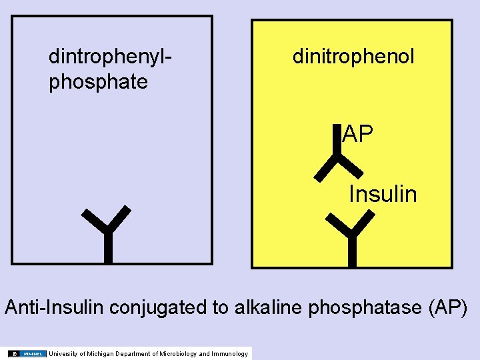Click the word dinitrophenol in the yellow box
pos(353,57)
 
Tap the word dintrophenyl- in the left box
pos(111,57)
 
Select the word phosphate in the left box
pos(98,82)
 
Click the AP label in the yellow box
pos(358,135)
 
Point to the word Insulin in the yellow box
pos(383,194)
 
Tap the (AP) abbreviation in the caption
pos(449,307)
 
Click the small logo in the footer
pos(27,353)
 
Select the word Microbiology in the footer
pos(175,353)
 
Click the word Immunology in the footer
pos(229,353)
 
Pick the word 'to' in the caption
pos(222,307)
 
